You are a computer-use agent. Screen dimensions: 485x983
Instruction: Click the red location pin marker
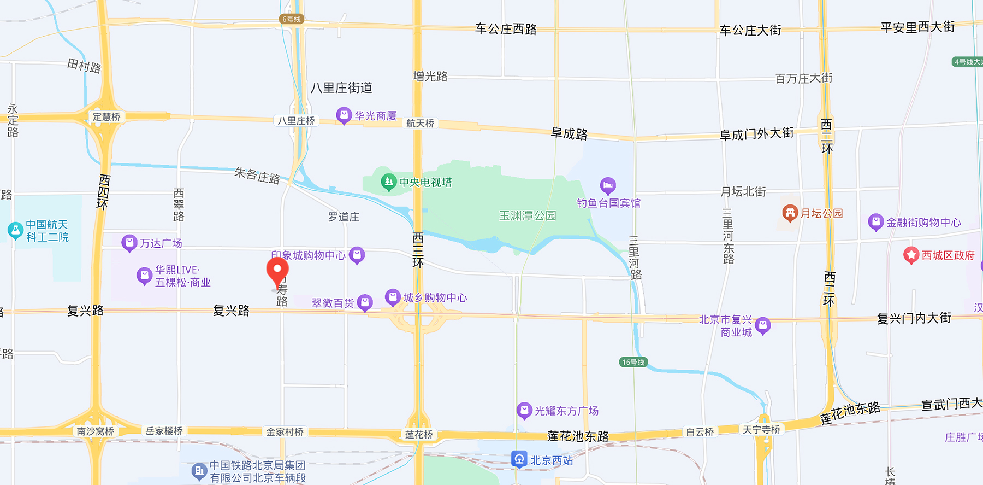277,270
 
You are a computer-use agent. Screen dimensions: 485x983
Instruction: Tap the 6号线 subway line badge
291,19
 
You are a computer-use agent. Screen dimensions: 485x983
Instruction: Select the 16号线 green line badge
633,362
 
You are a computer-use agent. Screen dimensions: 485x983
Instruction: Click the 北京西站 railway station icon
519,459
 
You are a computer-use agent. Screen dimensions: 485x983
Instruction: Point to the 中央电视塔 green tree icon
388,182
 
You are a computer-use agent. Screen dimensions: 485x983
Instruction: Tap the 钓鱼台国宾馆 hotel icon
607,186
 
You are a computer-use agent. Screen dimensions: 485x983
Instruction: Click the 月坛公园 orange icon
790,213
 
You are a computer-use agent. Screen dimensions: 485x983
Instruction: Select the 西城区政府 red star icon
911,255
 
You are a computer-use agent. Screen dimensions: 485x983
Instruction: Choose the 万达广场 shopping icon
129,243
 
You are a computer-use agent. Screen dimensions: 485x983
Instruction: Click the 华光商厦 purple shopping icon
344,115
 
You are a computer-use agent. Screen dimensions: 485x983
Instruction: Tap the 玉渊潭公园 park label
528,216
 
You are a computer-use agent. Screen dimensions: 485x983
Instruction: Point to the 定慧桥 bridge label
106,116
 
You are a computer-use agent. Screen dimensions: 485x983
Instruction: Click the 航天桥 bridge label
420,124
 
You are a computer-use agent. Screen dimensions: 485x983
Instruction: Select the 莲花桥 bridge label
419,435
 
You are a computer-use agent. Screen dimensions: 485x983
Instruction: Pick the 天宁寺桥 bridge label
761,430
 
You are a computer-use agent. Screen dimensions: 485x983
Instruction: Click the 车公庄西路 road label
506,29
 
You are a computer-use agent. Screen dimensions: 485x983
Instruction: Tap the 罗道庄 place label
344,217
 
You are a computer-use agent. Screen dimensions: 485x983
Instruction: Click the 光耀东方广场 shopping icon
524,410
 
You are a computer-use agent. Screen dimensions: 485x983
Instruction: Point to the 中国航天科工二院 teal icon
15,230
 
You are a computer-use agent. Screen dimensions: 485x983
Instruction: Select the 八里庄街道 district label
341,87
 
